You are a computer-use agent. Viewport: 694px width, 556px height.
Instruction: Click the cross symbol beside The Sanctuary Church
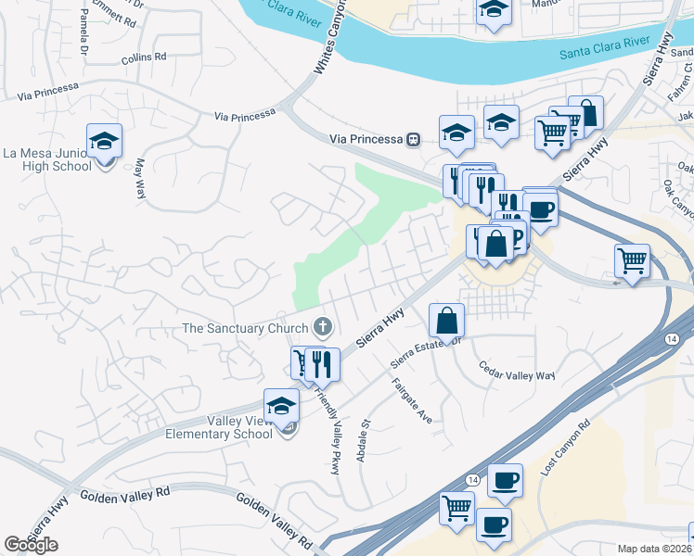click(323, 326)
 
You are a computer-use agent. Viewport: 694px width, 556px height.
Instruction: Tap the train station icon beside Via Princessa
click(414, 139)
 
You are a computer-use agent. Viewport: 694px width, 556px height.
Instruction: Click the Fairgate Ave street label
click(411, 400)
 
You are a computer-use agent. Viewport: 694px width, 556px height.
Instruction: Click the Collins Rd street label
click(144, 57)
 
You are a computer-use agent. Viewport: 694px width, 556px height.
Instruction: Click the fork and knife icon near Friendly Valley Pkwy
click(322, 363)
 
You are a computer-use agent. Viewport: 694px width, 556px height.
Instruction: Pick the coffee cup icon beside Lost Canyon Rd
click(505, 480)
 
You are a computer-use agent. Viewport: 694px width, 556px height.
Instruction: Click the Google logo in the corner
click(31, 545)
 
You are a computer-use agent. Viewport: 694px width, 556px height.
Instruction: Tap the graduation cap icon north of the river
click(494, 11)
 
